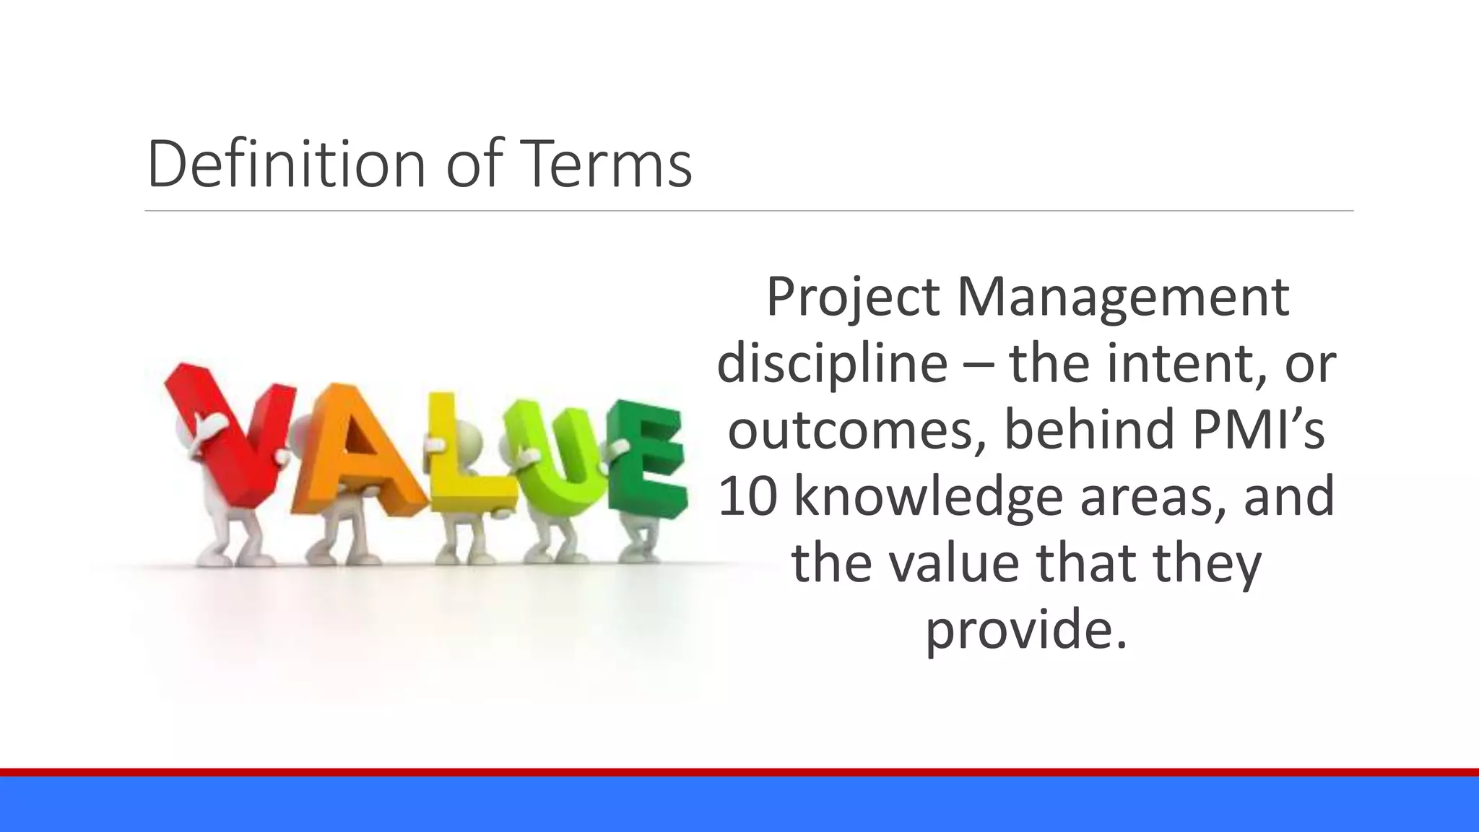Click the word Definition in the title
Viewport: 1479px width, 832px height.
[x=287, y=165]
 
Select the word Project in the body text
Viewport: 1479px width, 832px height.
[x=852, y=298]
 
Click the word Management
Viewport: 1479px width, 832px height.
[x=1123, y=298]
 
